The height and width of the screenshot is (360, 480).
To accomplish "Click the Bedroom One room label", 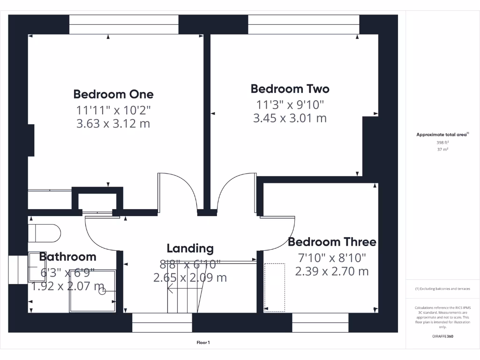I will click(x=113, y=94).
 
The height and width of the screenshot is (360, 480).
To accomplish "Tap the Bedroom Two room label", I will click(x=290, y=89).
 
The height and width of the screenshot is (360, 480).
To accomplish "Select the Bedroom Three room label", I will click(x=332, y=242).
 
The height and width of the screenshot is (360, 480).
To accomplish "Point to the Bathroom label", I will click(x=67, y=257).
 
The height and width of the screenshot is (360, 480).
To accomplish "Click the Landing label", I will click(x=190, y=248).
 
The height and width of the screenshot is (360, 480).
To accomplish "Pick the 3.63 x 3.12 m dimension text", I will click(x=113, y=124).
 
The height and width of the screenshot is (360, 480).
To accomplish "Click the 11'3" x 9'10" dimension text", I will click(x=290, y=105).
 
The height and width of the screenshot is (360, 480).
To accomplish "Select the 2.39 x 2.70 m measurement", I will click(x=332, y=271).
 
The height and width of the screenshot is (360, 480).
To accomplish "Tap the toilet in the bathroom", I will click(x=45, y=232).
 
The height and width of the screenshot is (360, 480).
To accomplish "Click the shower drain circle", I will click(x=102, y=291).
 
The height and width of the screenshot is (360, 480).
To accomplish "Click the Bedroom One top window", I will click(x=124, y=24).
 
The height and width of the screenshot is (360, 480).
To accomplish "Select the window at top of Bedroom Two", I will click(x=304, y=24).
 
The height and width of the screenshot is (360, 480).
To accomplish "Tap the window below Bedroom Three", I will click(x=320, y=322).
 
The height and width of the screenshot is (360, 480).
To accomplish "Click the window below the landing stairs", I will click(x=162, y=322).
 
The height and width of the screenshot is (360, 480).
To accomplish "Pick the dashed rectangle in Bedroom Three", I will click(x=275, y=287).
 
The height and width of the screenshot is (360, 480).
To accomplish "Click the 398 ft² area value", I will click(x=442, y=142).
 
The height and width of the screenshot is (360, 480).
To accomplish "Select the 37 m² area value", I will click(x=442, y=150).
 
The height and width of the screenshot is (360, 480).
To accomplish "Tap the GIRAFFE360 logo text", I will click(x=442, y=336).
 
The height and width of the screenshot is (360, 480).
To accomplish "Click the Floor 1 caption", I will click(x=203, y=343).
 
